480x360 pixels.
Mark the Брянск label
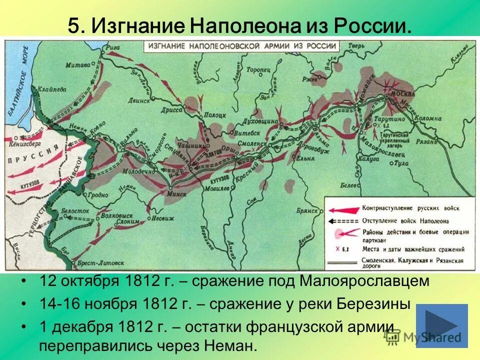(307, 210)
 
